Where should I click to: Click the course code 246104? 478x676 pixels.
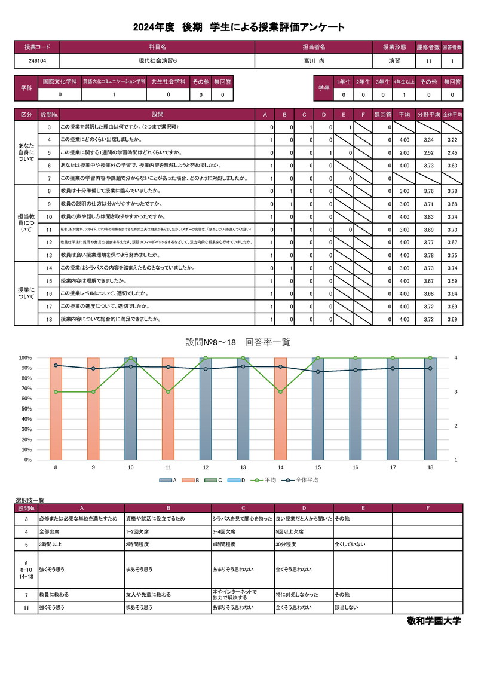tap(37, 61)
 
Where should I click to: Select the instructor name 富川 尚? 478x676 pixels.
tap(314, 61)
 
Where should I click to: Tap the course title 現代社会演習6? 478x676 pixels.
tap(157, 61)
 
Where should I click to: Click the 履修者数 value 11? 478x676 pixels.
tap(428, 61)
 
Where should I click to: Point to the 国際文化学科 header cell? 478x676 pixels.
tap(59, 81)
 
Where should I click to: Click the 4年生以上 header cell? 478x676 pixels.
tap(404, 81)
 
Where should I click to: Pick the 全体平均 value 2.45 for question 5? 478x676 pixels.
tap(452, 152)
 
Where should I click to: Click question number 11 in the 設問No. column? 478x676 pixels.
tap(48, 230)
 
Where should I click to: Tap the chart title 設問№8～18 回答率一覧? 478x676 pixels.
tap(238, 342)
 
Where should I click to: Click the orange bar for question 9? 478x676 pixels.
tap(93, 409)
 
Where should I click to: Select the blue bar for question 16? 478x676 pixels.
tap(356, 409)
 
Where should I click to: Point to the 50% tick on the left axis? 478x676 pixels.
tap(24, 409)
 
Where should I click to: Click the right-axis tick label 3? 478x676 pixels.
tap(456, 392)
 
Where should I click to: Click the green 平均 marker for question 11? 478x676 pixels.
tap(168, 392)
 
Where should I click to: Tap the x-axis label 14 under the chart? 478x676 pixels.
tap(280, 467)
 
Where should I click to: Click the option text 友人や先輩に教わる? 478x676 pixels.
tap(148, 595)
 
